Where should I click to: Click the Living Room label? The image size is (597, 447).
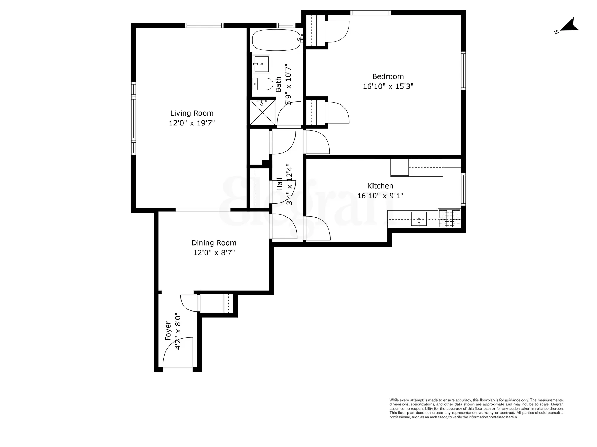point(192,113)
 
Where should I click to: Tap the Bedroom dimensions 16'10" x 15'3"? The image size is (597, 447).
point(388,86)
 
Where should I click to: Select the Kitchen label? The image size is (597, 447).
point(380,186)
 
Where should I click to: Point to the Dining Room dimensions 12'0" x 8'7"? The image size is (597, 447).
point(214,252)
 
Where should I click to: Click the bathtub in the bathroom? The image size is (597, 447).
point(276,40)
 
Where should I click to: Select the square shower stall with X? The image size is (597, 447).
point(262,112)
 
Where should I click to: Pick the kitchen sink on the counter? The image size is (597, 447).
point(419,219)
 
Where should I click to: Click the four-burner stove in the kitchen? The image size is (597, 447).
point(449,219)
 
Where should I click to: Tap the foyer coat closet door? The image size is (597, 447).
point(189,303)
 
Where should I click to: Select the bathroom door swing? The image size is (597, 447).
point(289,113)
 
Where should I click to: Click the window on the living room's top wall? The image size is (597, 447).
point(204,25)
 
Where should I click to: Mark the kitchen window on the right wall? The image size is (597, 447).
point(463,189)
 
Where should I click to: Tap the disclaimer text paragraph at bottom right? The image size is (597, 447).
point(476,409)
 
